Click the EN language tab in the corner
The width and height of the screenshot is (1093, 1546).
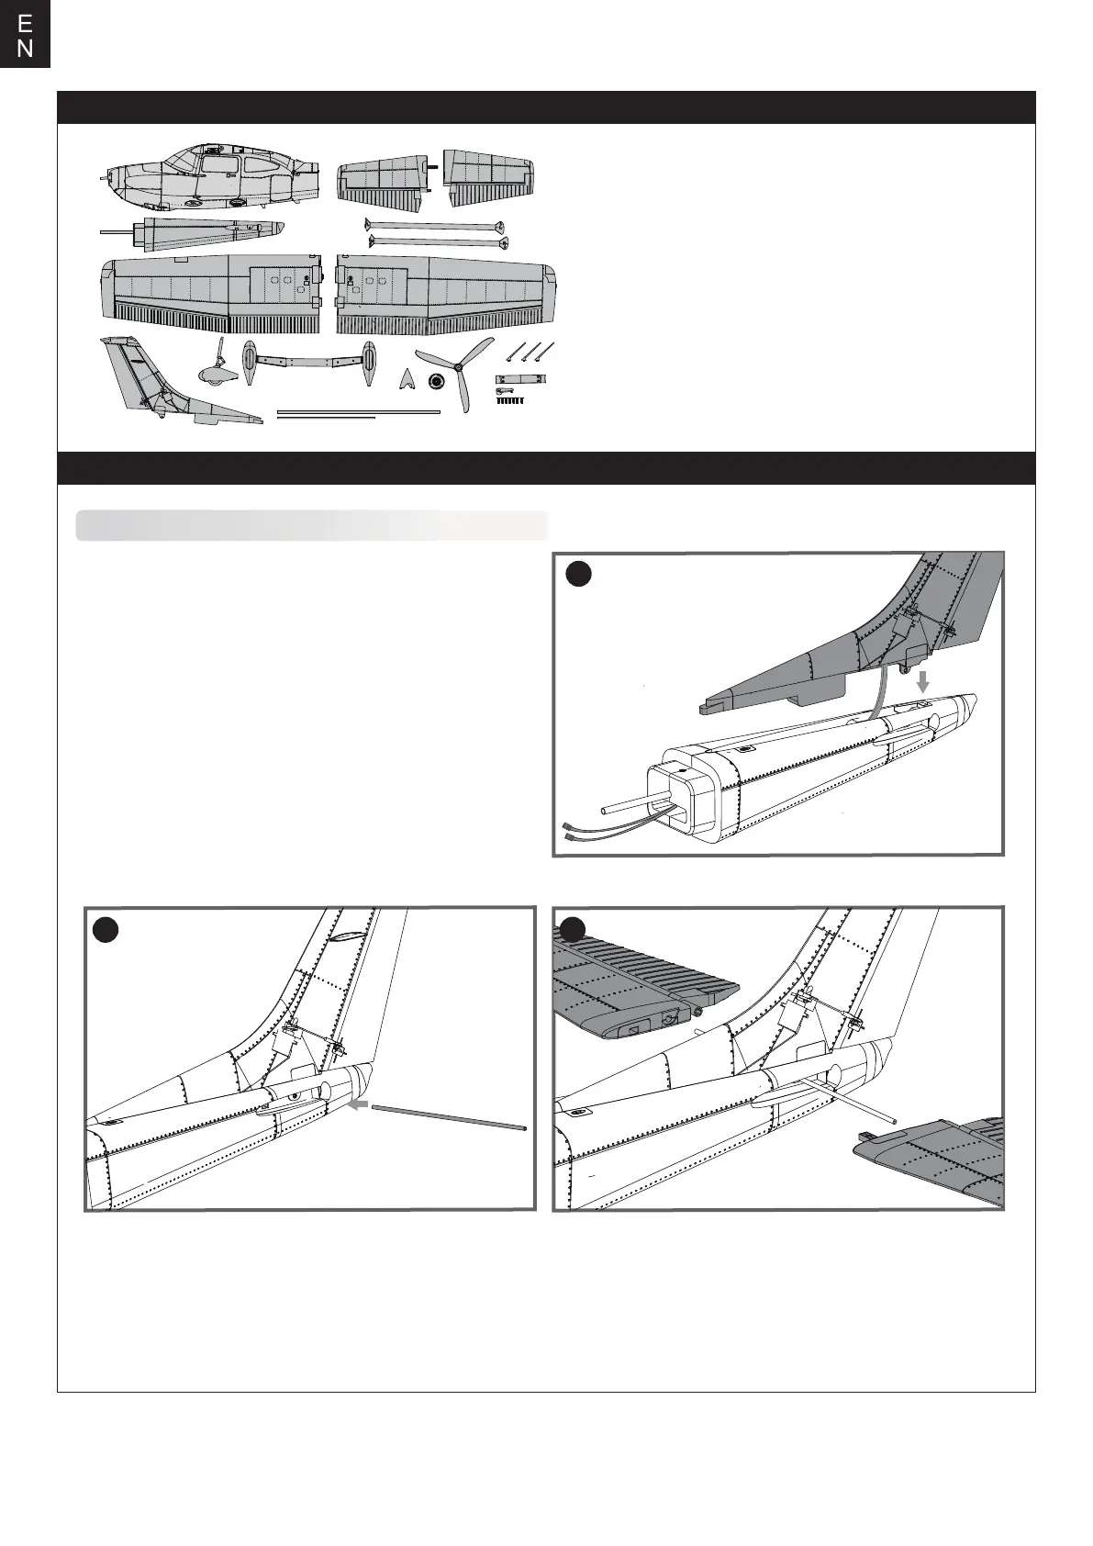25,35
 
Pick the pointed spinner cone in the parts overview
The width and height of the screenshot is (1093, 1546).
407,379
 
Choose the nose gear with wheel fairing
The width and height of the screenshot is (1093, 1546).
217,367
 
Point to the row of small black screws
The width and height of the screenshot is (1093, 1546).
511,399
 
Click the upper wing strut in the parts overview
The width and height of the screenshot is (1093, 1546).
435,226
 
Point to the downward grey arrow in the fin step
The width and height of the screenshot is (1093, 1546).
923,681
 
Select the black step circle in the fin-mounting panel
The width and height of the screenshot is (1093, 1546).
578,574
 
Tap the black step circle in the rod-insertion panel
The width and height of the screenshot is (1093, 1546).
106,929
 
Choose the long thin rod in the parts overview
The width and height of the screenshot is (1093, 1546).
358,412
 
